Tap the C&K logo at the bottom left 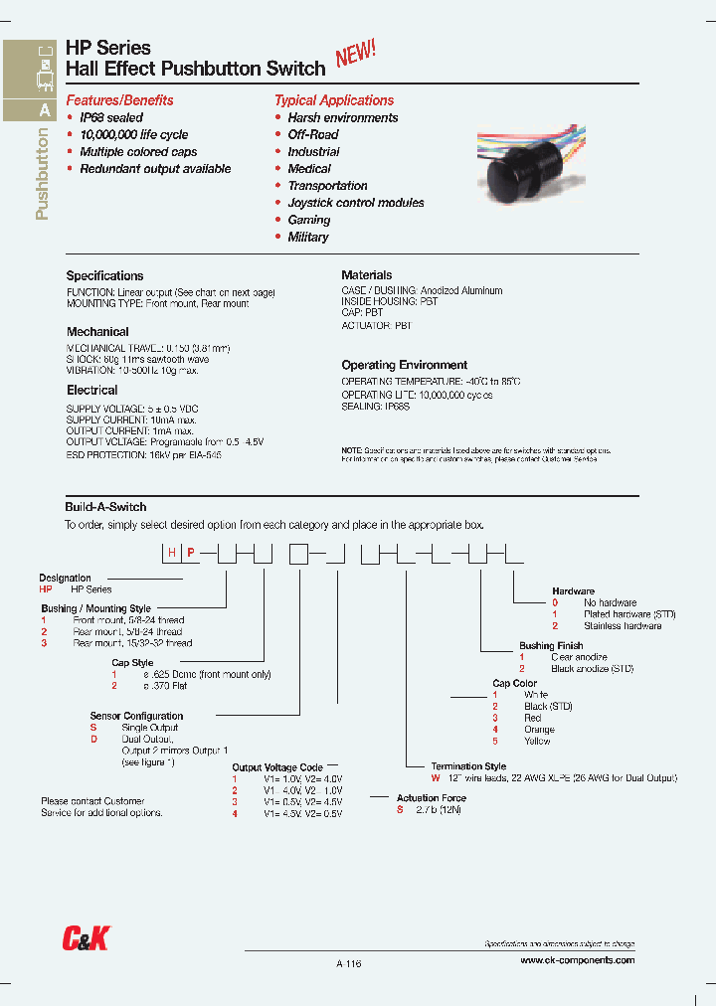[86, 937]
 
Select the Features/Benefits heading [119, 100]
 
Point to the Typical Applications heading [333, 100]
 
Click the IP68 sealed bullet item [111, 117]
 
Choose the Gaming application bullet [308, 220]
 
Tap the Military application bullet [307, 237]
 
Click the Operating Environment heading [404, 365]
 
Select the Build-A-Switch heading [105, 507]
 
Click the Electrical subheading [91, 391]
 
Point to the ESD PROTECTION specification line [144, 453]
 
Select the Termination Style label [468, 766]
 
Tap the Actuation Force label [431, 798]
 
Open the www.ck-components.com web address [577, 961]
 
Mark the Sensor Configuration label [136, 716]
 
